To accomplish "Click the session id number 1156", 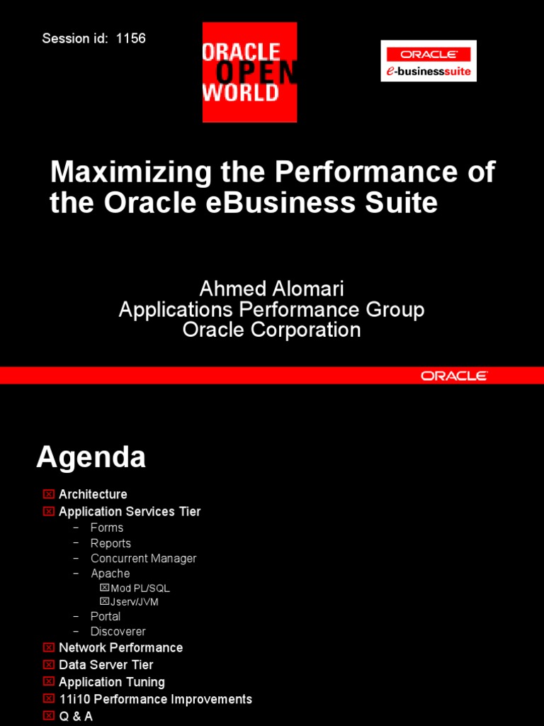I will pos(131,38).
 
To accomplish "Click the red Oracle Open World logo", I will pos(249,72).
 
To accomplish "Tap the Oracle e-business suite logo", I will pos(428,61).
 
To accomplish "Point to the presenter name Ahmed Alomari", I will pos(271,289).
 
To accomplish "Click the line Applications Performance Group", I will pos(271,309).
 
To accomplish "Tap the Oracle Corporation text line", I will pos(271,330).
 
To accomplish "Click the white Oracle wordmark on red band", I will pos(453,376).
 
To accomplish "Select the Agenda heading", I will pos(91,457).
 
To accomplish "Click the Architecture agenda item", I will pos(93,494).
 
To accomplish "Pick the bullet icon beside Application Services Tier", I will pos(48,511).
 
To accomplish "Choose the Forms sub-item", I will pos(107,527).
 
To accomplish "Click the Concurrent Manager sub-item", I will pos(143,559).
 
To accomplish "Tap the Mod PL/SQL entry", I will pos(140,588).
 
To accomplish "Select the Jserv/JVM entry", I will pos(135,602).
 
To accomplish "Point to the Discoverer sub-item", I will pos(118,632).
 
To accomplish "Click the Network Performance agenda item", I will pos(120,648).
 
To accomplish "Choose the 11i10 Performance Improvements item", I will pos(155,699).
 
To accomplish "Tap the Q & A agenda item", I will pos(76,716).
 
